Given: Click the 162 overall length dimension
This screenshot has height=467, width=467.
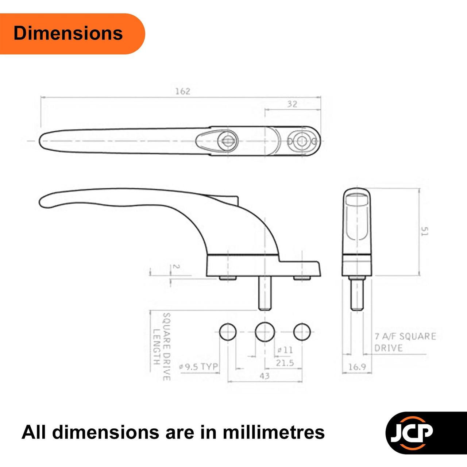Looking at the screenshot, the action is click(183, 91).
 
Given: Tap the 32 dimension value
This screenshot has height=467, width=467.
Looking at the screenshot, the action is click(292, 104).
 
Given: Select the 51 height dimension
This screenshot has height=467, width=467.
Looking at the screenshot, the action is click(425, 231).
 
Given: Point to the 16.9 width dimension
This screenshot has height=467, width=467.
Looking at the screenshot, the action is click(357, 367).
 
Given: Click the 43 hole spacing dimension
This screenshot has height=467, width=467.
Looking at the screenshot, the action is click(265, 376).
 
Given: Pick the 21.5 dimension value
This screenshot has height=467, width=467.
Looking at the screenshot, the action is click(285, 363).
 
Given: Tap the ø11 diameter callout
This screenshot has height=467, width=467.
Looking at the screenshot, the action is click(285, 350).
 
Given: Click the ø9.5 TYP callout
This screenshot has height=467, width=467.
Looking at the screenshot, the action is click(198, 366).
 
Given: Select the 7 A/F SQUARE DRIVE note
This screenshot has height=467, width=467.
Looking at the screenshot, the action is click(405, 342).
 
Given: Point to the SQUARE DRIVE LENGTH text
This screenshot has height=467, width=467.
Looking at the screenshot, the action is click(162, 347).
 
